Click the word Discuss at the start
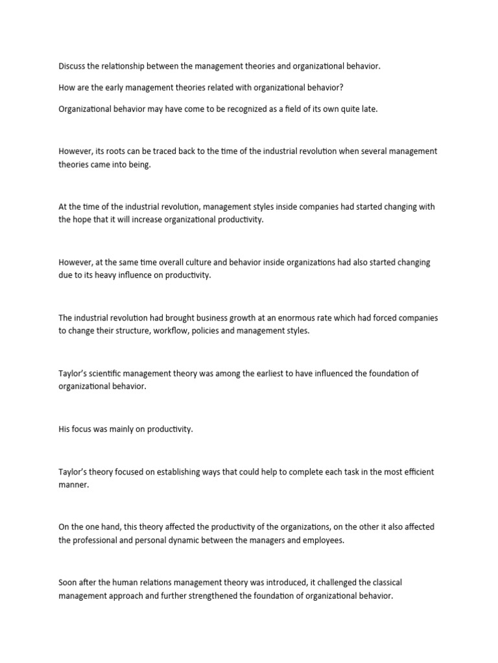(72, 65)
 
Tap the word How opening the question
(67, 87)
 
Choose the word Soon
(69, 583)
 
